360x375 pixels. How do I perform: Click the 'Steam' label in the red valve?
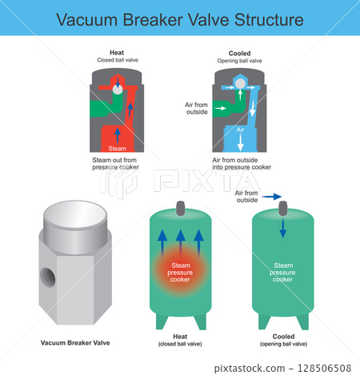click(x=118, y=148)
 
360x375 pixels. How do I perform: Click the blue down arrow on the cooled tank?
click(x=282, y=228)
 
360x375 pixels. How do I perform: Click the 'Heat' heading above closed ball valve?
click(x=118, y=51)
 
